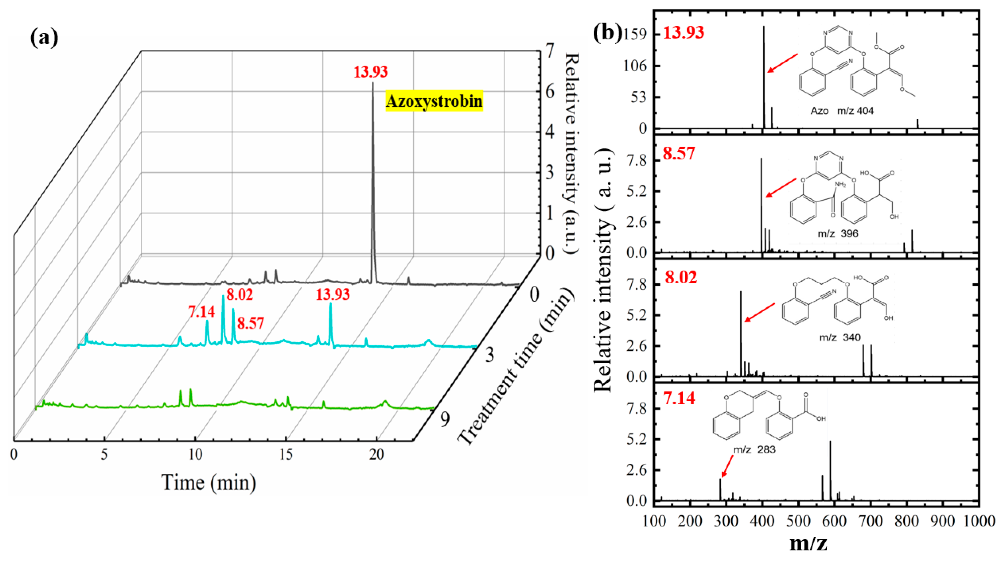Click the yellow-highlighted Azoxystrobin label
click(x=434, y=101)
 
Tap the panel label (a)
click(x=44, y=38)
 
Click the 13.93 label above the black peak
click(x=370, y=72)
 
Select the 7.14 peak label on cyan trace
click(x=201, y=312)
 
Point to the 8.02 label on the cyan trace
click(x=240, y=294)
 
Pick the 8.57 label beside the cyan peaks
click(x=251, y=323)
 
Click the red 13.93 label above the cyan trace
click(x=333, y=294)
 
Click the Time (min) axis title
click(x=209, y=483)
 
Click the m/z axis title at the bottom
click(x=808, y=543)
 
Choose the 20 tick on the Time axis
click(x=376, y=454)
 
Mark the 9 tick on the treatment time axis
click(x=445, y=419)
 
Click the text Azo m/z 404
click(x=842, y=111)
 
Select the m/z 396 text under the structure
click(x=838, y=234)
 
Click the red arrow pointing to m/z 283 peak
click(x=726, y=466)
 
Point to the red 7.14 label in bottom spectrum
click(x=679, y=398)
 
